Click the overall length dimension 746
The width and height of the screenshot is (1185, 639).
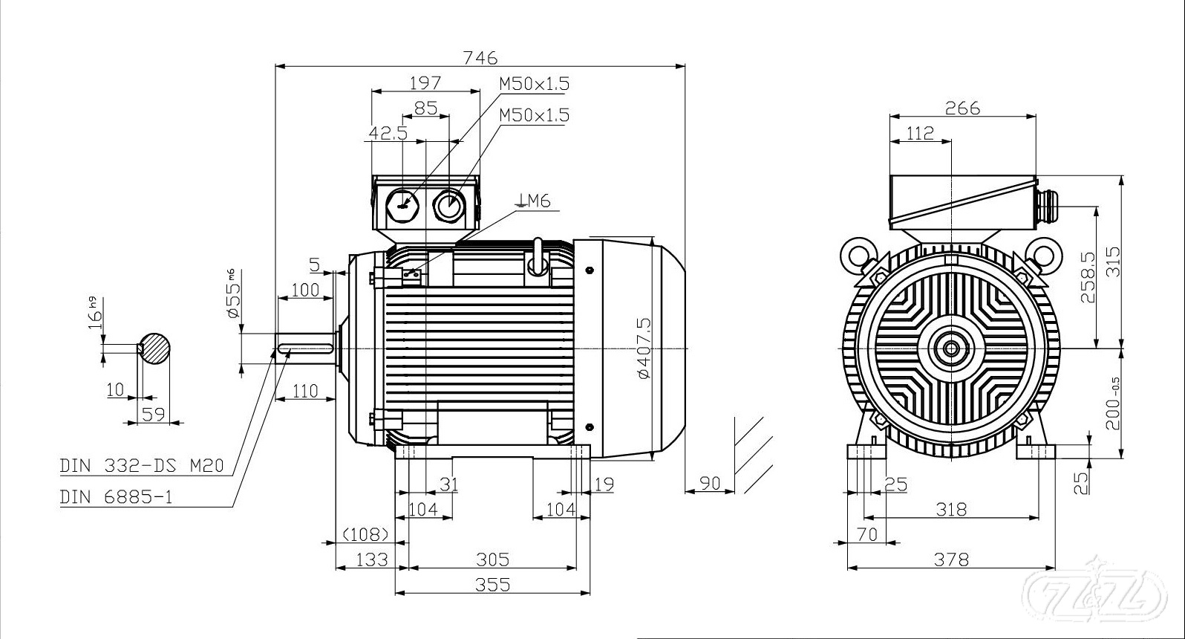479,57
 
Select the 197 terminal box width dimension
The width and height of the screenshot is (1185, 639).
425,82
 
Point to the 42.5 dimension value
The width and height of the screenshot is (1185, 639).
388,133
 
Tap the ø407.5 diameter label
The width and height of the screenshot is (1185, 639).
643,348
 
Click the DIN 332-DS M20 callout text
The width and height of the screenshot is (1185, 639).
141,467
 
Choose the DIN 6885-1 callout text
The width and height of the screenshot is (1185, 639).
116,497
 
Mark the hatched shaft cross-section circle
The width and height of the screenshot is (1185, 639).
155,348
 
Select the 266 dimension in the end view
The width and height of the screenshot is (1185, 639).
962,108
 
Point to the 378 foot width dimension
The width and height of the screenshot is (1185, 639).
950,559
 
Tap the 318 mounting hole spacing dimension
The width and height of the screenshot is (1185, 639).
951,509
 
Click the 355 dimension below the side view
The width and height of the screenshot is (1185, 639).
492,584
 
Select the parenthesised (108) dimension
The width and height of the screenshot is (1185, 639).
365,534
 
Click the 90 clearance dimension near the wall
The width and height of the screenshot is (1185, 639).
711,483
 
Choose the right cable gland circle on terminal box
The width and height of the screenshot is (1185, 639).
448,204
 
